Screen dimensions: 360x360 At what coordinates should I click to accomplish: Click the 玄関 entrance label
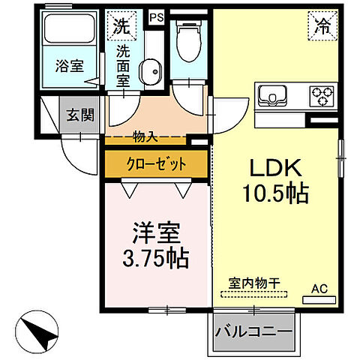pos(79,115)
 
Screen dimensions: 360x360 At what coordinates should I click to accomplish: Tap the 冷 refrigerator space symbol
pos(321,27)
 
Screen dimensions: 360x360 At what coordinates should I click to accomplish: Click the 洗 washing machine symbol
pos(121,26)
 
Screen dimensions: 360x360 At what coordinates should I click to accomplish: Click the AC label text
pos(319,288)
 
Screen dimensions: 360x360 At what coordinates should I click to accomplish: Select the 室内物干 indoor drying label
pos(254,283)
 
